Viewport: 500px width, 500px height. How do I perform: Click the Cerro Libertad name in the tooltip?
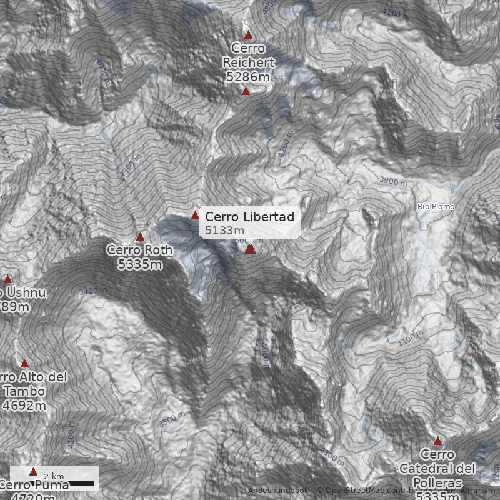[x=249, y=217]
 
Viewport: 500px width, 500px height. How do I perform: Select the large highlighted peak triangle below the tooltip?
[x=250, y=249]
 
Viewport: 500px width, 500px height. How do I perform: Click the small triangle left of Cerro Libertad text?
[x=195, y=216]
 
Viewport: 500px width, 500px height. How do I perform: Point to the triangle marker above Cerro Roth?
[x=140, y=237]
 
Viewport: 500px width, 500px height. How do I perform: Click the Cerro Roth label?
[x=139, y=250]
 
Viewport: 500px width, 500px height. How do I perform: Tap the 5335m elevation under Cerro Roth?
[x=139, y=264]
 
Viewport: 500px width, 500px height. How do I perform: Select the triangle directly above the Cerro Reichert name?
[x=248, y=35]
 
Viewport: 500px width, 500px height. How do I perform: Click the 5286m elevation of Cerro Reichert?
[x=248, y=76]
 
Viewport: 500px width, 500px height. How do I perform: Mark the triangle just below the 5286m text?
[x=246, y=91]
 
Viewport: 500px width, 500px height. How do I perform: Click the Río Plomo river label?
[x=436, y=207]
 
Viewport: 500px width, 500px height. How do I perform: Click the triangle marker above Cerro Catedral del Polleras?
[x=437, y=441]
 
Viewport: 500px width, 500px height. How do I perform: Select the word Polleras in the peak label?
[x=437, y=483]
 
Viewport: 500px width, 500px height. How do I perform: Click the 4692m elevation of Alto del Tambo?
[x=25, y=406]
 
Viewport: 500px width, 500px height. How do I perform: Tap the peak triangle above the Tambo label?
[x=25, y=364]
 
